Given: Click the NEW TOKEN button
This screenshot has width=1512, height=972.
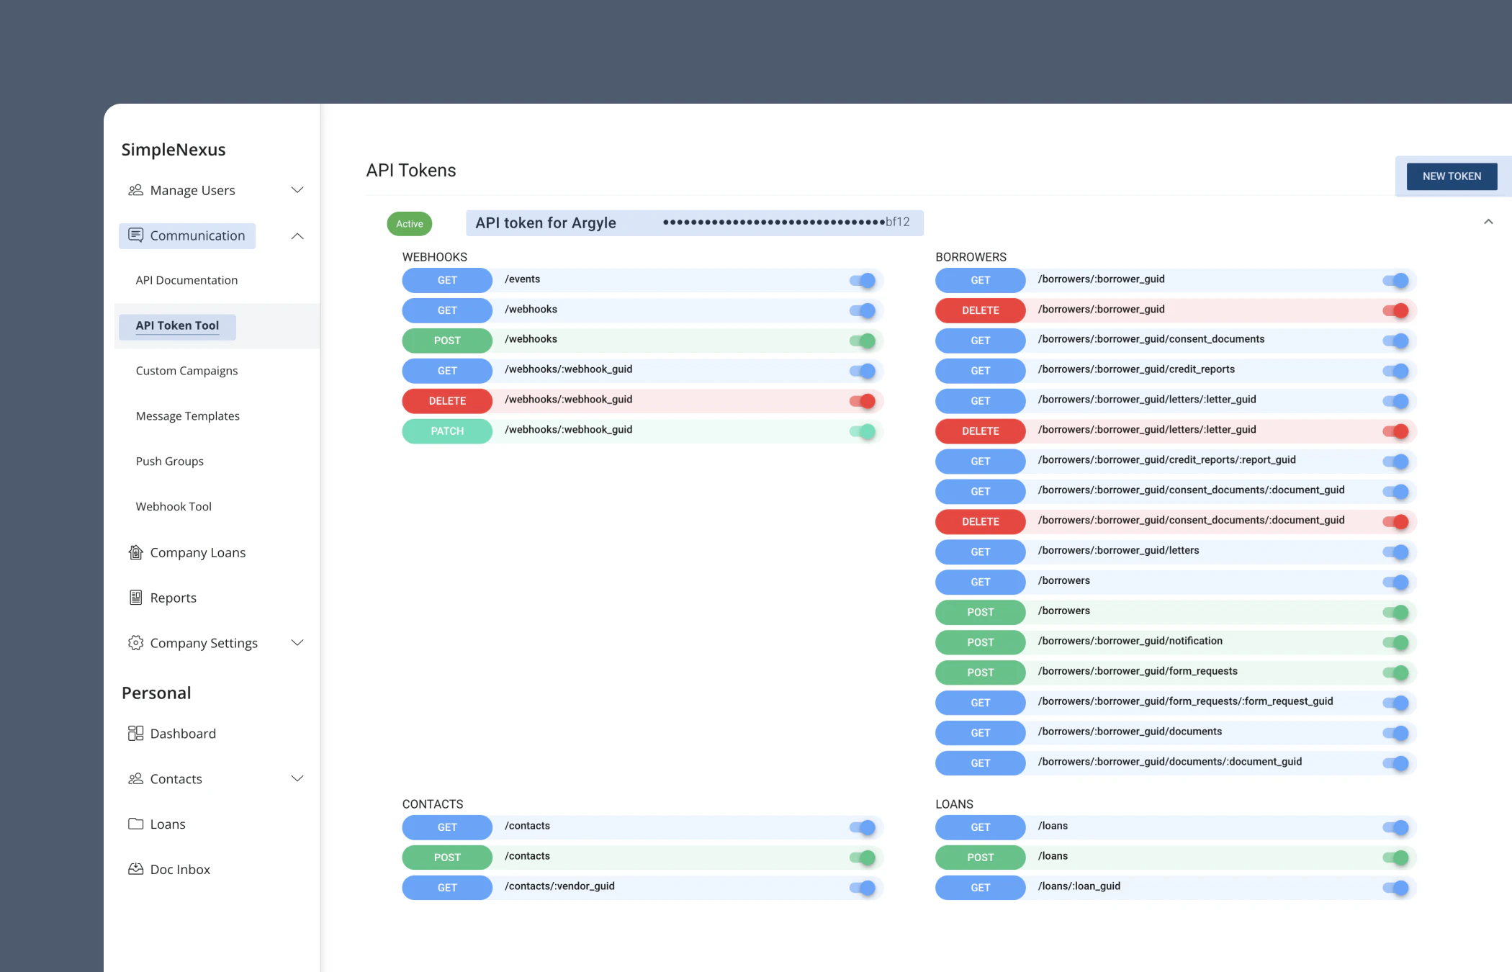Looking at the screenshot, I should (1452, 176).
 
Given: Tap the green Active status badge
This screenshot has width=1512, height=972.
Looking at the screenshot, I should (410, 224).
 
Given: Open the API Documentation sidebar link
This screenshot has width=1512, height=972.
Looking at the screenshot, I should (186, 280).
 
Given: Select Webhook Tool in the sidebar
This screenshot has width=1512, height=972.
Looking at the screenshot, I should (174, 507).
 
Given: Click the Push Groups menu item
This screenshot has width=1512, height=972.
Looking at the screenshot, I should (170, 462).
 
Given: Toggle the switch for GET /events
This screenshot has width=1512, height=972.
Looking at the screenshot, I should (863, 281).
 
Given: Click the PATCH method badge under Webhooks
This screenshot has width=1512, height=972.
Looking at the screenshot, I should (447, 431).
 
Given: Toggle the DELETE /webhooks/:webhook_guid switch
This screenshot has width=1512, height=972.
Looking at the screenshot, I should (863, 401).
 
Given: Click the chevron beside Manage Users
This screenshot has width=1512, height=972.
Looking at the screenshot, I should (297, 190).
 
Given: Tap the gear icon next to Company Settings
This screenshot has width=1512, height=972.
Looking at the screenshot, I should (135, 643).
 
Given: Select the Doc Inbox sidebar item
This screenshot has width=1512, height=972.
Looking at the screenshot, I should (180, 870).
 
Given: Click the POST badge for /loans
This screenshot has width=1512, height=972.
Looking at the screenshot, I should (980, 858).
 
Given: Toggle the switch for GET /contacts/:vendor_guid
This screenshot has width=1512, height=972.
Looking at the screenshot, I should (863, 888).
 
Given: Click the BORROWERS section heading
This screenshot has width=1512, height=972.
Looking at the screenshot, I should (971, 257).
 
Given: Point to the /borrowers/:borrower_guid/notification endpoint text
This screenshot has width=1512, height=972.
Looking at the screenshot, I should (1130, 641).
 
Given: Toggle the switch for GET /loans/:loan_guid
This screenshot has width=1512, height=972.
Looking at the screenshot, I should (1395, 888).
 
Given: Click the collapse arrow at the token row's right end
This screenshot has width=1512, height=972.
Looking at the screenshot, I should (1488, 222).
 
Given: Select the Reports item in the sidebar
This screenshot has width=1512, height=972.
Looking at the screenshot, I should (173, 598).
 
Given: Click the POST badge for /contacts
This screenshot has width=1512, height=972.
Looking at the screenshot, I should (447, 858).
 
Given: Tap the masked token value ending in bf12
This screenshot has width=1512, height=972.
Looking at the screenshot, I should (786, 222).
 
